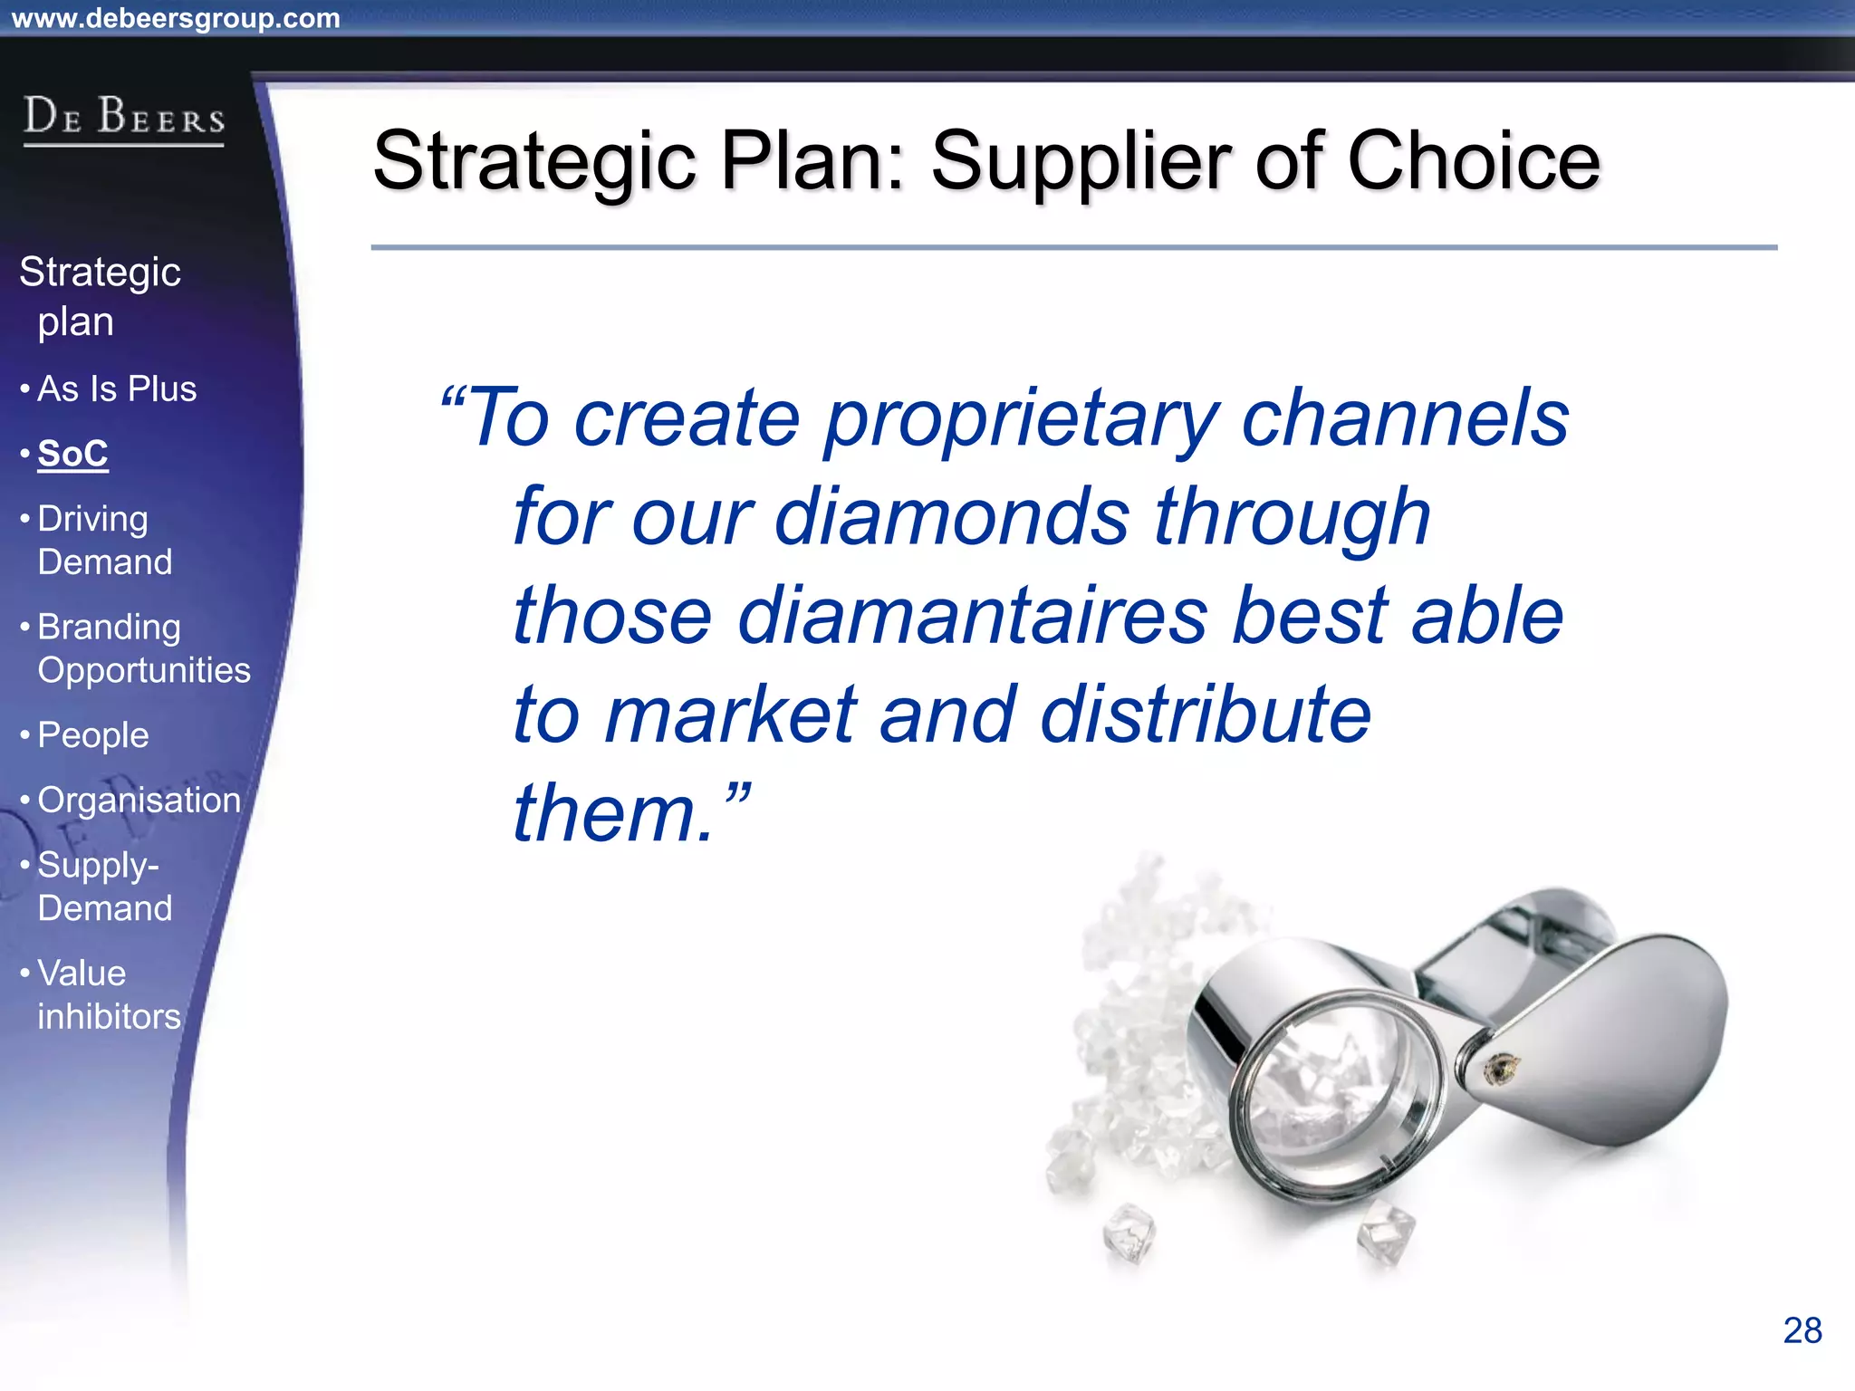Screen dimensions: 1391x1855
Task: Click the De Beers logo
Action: (x=124, y=118)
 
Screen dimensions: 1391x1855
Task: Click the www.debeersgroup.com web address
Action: (x=176, y=18)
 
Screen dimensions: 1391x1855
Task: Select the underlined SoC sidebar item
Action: (x=72, y=454)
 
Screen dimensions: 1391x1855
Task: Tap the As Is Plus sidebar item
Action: (x=117, y=389)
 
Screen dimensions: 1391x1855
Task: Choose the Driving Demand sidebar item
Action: (x=104, y=541)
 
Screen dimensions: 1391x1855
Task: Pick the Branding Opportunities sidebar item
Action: (x=143, y=648)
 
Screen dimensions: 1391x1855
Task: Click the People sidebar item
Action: (x=93, y=735)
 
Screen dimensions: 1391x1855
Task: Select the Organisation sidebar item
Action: (x=139, y=801)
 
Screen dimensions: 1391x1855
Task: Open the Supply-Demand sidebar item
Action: (x=104, y=887)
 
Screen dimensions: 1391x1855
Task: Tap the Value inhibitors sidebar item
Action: (x=109, y=995)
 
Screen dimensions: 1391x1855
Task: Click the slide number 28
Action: (x=1802, y=1330)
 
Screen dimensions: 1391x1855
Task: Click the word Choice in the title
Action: (x=1474, y=161)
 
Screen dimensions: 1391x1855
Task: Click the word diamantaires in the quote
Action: (x=973, y=616)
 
